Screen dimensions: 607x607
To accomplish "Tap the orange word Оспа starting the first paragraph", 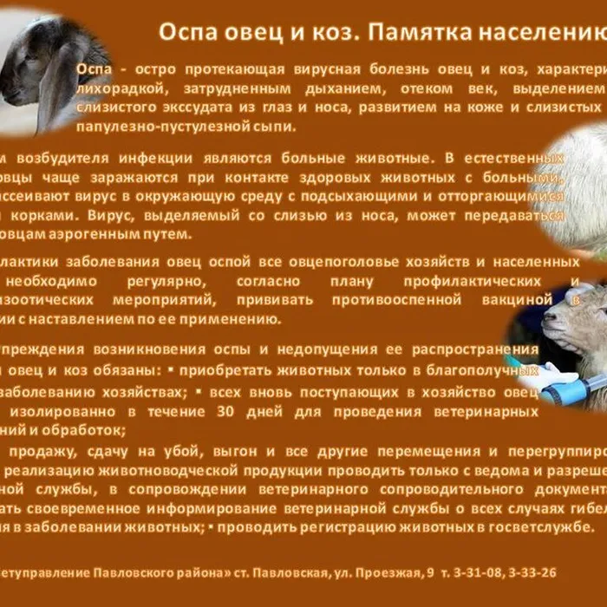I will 94,69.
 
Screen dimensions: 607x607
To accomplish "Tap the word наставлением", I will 97,319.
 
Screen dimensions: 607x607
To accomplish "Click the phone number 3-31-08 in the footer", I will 476,572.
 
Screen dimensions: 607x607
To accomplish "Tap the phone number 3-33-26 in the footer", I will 530,572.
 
